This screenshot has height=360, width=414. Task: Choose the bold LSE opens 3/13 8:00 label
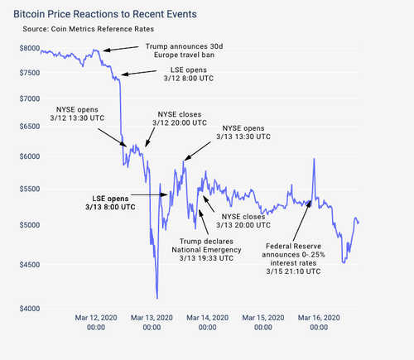pyautogui.click(x=111, y=204)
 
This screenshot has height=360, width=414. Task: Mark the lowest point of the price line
pyautogui.click(x=156, y=298)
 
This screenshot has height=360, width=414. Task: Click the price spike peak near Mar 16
pyautogui.click(x=314, y=158)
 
